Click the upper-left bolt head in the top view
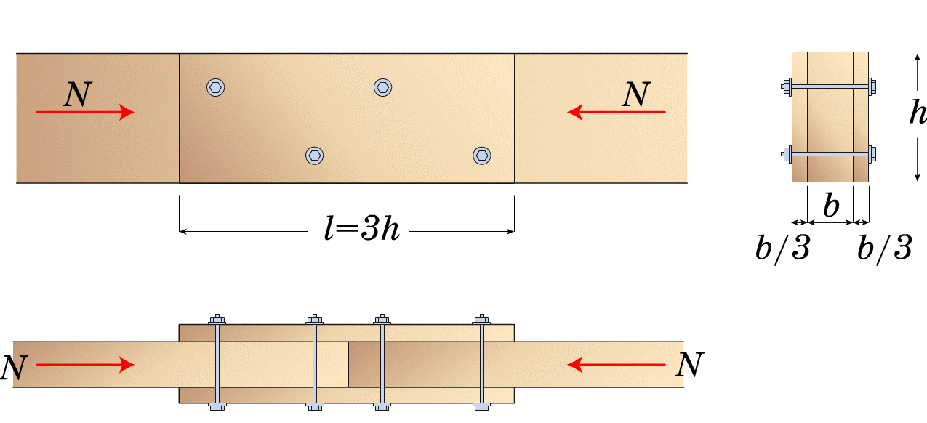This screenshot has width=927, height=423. tap(216, 87)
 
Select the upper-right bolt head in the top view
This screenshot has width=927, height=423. tap(383, 87)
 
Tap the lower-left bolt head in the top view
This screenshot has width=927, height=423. tap(315, 156)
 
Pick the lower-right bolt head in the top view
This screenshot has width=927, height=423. tap(482, 156)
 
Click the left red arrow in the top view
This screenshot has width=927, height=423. tap(85, 112)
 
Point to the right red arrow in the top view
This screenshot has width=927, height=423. tap(617, 112)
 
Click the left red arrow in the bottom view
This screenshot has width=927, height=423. tap(85, 365)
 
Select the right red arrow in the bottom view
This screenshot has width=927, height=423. tap(617, 365)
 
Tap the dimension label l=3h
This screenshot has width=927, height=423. tap(362, 227)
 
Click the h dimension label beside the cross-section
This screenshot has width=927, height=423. tap(918, 112)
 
